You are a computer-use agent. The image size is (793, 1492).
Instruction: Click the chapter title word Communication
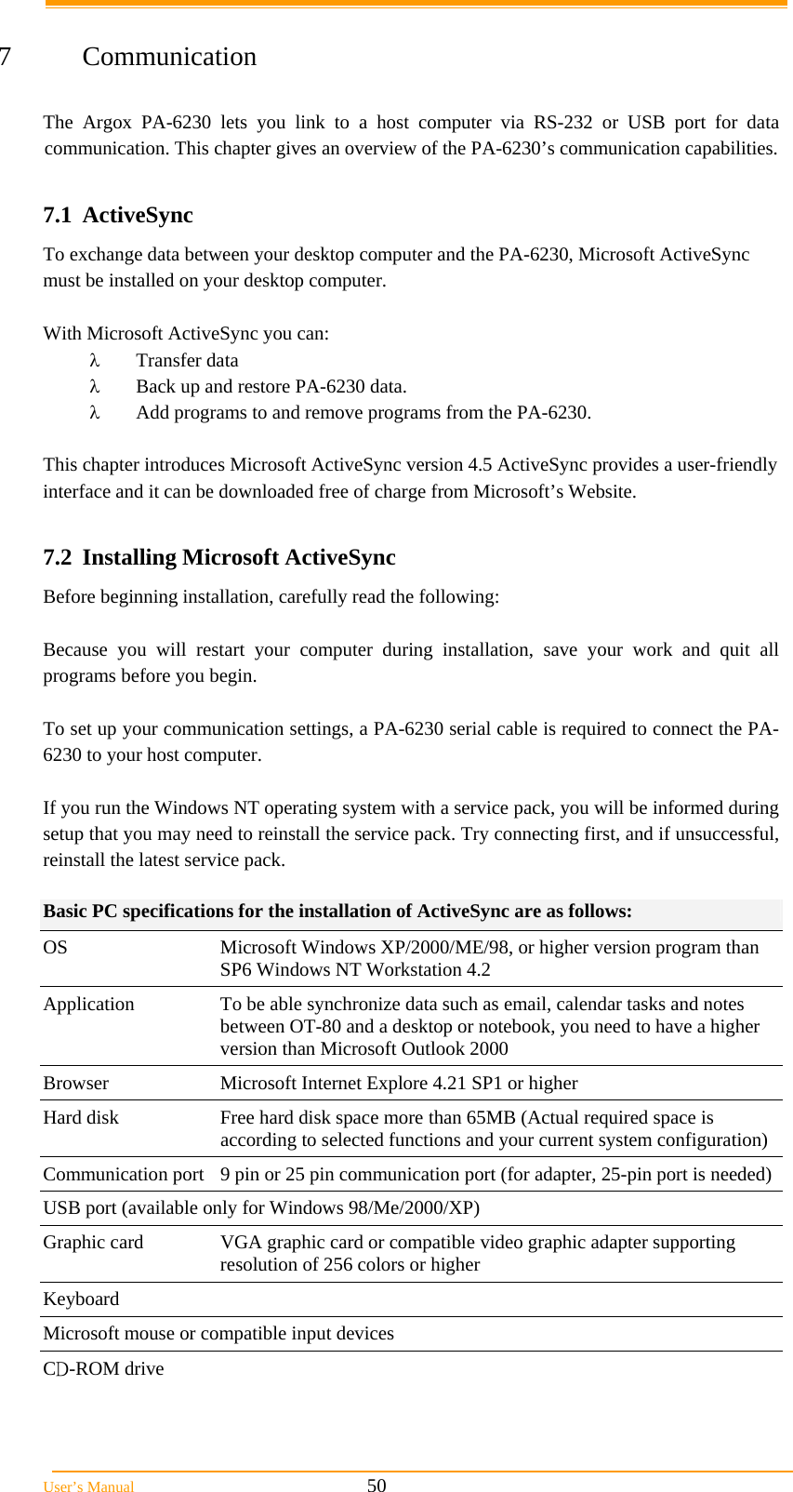click(169, 57)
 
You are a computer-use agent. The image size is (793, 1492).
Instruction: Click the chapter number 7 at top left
click(6, 57)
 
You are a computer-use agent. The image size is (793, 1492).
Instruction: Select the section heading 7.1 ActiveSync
click(118, 215)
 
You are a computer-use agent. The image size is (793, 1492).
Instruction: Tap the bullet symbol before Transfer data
click(94, 360)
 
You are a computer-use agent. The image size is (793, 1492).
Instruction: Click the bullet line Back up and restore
click(271, 386)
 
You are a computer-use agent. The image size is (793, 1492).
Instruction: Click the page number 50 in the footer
click(377, 1485)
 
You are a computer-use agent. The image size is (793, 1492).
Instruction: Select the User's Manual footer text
click(88, 1486)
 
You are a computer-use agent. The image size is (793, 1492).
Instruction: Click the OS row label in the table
click(55, 947)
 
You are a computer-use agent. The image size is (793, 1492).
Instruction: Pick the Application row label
click(88, 1004)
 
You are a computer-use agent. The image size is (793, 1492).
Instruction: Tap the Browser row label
click(75, 1083)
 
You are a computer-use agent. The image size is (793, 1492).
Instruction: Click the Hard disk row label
click(81, 1117)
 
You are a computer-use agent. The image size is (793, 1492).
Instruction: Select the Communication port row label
click(123, 1174)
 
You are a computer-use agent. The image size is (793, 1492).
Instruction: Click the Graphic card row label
click(93, 1242)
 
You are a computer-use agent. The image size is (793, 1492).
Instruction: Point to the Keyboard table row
click(81, 1299)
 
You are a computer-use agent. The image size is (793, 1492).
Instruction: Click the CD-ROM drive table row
click(103, 1368)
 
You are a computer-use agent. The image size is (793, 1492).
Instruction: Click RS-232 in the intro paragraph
click(562, 122)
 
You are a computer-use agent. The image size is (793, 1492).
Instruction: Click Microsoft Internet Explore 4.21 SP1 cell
click(398, 1083)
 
